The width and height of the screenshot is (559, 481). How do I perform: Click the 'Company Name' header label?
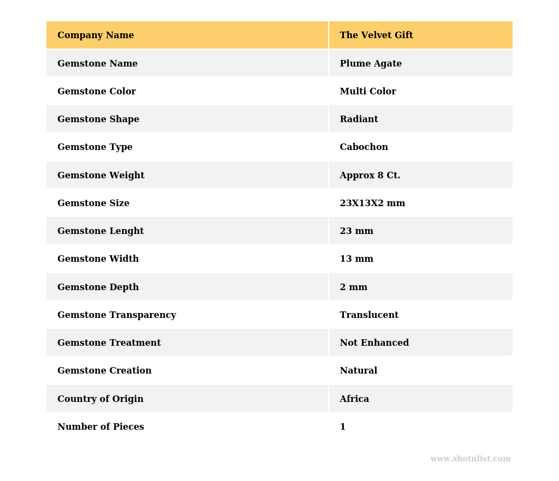point(96,35)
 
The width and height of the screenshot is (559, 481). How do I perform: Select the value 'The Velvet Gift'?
point(376,35)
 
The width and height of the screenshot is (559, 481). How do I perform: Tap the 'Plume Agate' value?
point(371,64)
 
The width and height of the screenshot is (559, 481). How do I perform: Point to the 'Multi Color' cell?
point(368,92)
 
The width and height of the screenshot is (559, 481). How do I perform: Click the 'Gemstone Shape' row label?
point(98,119)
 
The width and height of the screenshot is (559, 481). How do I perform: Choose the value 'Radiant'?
point(359,119)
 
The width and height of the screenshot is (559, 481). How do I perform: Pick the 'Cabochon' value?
point(364,147)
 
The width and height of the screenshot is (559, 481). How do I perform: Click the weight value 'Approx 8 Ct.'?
point(370,176)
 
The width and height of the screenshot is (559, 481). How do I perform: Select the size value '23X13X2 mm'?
point(372,203)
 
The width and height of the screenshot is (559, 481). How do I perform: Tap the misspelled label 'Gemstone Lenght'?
point(100,231)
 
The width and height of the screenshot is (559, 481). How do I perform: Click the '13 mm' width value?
point(356,259)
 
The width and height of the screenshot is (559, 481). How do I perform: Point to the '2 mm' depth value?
point(353,287)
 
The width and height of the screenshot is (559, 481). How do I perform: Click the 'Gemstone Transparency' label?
point(117,315)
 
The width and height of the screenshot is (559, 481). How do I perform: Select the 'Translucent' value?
point(369,315)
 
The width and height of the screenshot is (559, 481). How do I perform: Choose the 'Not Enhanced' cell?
point(374,343)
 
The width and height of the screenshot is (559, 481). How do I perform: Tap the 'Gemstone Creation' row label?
point(104,371)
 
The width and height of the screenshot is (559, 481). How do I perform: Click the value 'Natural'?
point(358,371)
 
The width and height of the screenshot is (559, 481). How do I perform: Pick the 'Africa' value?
point(354,399)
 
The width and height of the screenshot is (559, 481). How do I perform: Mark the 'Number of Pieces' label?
point(100,427)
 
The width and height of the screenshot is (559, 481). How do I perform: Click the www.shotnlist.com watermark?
point(470,459)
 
